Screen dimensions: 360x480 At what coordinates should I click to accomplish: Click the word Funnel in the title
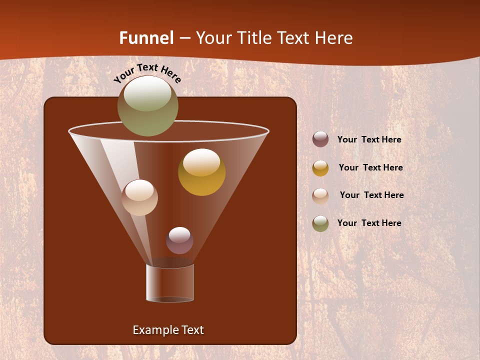146,38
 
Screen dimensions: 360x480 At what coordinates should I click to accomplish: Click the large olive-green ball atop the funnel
148,106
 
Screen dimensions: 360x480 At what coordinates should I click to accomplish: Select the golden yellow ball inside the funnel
201,172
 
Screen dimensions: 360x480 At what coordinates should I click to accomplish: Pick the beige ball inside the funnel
139,197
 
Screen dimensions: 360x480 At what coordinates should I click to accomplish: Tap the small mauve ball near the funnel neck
179,240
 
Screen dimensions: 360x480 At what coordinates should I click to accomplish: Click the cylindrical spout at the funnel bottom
170,283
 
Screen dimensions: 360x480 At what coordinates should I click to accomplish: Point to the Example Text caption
168,330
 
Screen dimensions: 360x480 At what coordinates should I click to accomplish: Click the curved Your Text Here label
147,73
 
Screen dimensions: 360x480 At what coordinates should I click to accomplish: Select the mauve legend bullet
320,139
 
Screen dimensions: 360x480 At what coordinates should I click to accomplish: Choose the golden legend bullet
320,168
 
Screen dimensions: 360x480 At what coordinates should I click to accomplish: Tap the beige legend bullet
320,195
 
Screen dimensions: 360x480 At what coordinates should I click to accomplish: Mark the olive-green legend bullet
320,223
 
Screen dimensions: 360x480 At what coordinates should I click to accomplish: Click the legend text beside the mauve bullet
369,140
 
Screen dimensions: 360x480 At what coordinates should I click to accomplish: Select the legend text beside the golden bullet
370,168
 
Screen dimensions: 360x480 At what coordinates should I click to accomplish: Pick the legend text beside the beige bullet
371,195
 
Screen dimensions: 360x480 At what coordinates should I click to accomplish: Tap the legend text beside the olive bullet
369,223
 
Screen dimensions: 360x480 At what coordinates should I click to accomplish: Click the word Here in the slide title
335,38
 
